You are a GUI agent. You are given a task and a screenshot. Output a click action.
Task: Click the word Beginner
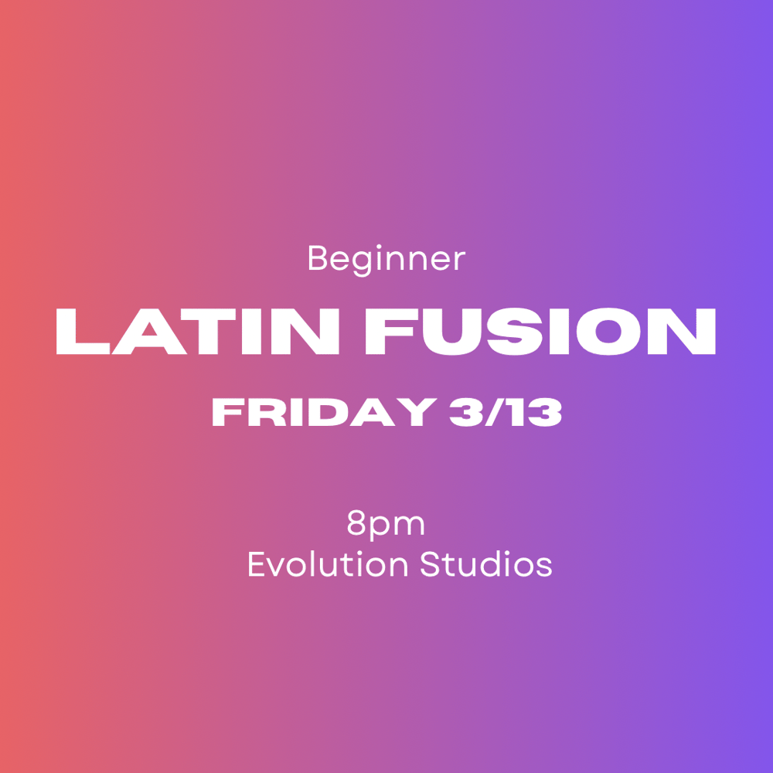(386, 259)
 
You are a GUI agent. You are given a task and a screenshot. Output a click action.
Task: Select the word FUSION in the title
(541, 332)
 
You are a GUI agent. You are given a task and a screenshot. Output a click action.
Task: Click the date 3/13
(503, 414)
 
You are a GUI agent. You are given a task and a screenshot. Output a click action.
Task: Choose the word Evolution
(328, 564)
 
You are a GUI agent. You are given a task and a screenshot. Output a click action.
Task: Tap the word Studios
(486, 564)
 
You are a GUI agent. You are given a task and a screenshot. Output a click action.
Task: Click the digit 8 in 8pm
(356, 524)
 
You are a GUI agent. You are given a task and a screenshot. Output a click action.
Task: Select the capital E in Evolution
(256, 564)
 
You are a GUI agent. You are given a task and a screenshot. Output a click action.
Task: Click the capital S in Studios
(430, 564)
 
